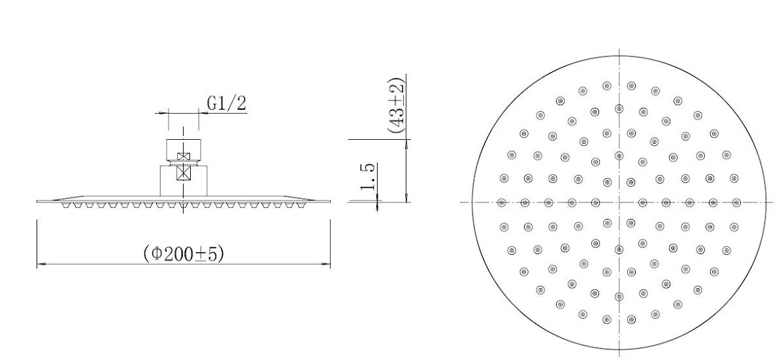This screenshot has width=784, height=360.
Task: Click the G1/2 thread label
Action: [x=227, y=103]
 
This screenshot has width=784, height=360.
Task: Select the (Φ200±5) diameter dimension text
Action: [x=184, y=254]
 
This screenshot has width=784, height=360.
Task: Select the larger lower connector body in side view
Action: [x=184, y=180]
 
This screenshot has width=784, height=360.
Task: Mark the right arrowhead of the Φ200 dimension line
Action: [x=328, y=264]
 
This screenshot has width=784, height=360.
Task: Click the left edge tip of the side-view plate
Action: [x=38, y=201]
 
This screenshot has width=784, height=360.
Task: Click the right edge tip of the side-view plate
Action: [x=330, y=201]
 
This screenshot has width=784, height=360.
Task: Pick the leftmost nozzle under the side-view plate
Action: [x=65, y=205]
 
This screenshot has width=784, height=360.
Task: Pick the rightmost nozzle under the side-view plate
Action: [x=301, y=205]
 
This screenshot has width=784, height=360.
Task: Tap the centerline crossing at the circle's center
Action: [x=619, y=202]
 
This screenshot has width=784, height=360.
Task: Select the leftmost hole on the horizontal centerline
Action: [x=502, y=202]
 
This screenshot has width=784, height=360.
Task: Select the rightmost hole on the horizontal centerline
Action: [x=736, y=202]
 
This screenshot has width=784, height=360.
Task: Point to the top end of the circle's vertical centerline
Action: [x=619, y=49]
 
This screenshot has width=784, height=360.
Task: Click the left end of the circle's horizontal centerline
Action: [x=461, y=202]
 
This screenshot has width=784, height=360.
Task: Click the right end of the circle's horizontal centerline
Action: [x=777, y=202]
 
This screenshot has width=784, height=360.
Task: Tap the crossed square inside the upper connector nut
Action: [x=184, y=157]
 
